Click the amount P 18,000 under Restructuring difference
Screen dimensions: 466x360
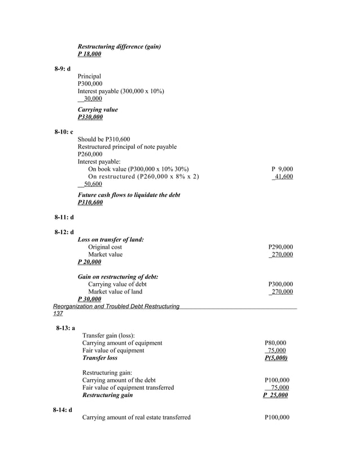pos(89,54)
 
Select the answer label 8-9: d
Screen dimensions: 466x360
pos(63,69)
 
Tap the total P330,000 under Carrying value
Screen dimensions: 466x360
pos(90,117)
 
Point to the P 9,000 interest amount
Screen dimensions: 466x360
pos(282,169)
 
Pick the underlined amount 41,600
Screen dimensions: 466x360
pos(282,177)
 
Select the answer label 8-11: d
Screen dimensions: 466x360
pos(64,217)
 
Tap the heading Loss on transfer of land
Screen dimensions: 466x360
pos(111,240)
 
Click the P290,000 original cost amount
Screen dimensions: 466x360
pos(280,247)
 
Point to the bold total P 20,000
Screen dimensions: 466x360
pos(89,262)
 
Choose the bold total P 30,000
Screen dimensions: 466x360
pos(89,299)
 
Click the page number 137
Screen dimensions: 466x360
pos(58,314)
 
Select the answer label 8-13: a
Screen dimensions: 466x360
pos(65,328)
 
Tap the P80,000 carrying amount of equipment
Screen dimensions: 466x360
pos(275,343)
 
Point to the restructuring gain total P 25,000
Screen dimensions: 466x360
pos(275,395)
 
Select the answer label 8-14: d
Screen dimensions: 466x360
pos(63,410)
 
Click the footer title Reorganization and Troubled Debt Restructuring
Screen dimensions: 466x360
pos(116,306)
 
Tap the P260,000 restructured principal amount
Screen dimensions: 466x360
pos(90,154)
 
